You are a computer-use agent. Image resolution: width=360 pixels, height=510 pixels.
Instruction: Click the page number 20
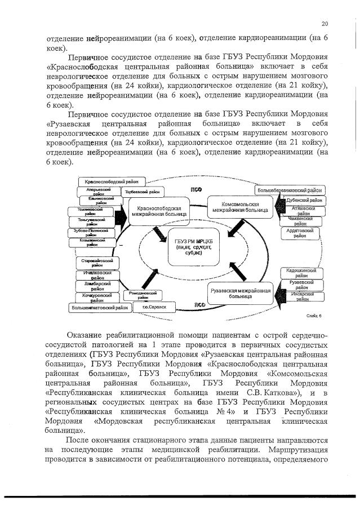325,23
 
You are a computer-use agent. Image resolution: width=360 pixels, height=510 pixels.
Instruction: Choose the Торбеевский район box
141,193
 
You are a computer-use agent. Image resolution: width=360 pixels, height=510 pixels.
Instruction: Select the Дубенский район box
305,200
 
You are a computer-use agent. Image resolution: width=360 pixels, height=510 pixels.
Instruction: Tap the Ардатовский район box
300,233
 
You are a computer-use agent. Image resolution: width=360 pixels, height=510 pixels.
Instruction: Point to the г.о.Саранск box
153,306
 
